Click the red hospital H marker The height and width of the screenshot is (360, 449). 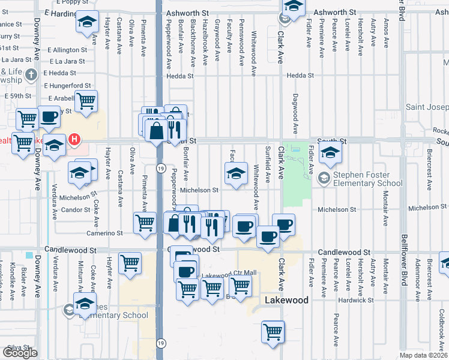coord(74,140)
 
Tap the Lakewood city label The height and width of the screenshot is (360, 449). coord(287,300)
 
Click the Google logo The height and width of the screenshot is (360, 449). coord(20,353)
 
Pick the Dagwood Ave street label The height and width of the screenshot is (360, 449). coord(295,113)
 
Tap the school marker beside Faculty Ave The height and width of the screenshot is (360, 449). coord(236,175)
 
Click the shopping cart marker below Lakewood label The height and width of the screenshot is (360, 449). coord(273,331)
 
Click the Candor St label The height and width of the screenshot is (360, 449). coord(75,210)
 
